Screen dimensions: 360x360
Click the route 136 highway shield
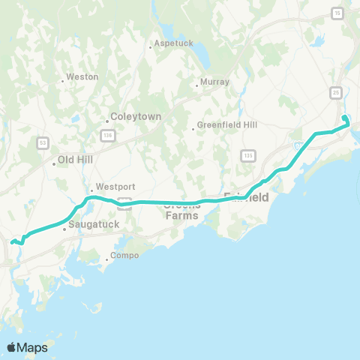pos(107,134)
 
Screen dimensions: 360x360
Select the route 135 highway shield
pos(247,154)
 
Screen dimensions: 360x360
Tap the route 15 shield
pos(337,13)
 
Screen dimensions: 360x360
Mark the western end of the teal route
pos(11,241)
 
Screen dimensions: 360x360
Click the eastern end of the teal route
pos(344,118)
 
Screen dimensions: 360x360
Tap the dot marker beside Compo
pos(106,260)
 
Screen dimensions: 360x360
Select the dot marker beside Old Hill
pos(54,162)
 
